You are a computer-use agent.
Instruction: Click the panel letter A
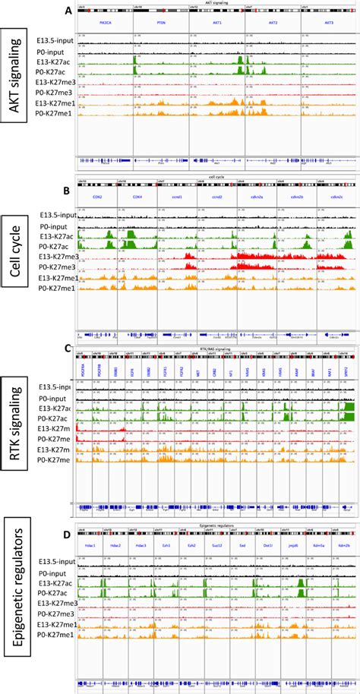(69, 11)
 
